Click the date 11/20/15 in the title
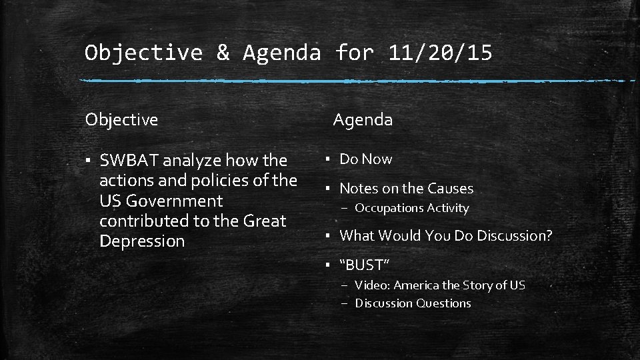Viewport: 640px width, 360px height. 440,52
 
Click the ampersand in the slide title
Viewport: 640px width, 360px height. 222,52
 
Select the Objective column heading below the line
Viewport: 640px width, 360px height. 121,119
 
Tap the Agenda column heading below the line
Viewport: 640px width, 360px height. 363,119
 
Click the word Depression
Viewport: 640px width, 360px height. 142,241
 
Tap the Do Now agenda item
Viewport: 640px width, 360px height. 366,159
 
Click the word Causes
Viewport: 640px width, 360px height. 451,189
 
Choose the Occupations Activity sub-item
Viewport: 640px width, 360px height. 411,208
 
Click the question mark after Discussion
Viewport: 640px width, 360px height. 549,235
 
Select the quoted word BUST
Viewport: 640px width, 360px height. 364,265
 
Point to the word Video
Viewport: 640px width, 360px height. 371,285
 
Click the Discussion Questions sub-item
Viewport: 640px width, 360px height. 413,303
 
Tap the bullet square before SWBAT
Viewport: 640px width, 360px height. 89,161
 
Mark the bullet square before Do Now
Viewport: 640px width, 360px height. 329,160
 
